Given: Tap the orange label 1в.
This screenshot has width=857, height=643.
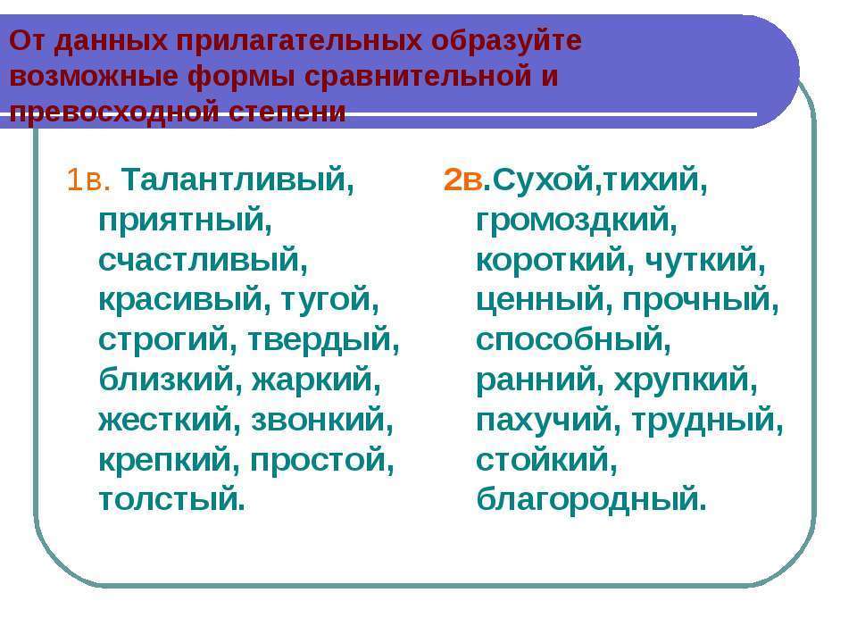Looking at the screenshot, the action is click(x=88, y=180).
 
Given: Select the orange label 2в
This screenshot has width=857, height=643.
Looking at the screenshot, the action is click(x=463, y=180).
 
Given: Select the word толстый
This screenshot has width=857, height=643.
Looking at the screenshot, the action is click(x=172, y=500).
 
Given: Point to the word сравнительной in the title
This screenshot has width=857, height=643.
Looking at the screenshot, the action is click(x=418, y=75).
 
